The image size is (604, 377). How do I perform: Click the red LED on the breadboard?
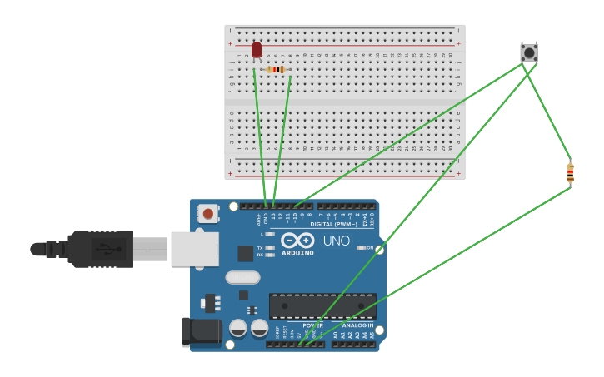pos(257,50)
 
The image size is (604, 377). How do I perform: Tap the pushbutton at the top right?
pos(529,52)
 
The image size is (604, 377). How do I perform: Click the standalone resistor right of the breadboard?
pos(570,173)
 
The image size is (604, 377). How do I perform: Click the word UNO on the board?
pos(337,241)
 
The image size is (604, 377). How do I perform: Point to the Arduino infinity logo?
pos(297,240)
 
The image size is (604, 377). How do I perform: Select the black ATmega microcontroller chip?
pos(322,305)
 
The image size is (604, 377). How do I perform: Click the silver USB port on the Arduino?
pos(195,249)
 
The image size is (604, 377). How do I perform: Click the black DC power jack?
pos(202,331)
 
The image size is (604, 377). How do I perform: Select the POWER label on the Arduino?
pos(312,325)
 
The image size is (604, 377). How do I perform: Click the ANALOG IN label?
pos(357,325)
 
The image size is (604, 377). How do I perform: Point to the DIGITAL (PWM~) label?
pos(333,224)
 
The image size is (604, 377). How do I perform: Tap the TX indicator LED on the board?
pos(269,248)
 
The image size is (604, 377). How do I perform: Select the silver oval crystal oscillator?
pos(242,277)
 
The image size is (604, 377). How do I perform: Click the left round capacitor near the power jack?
pos(238,328)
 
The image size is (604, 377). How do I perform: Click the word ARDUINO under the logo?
pos(297,253)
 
